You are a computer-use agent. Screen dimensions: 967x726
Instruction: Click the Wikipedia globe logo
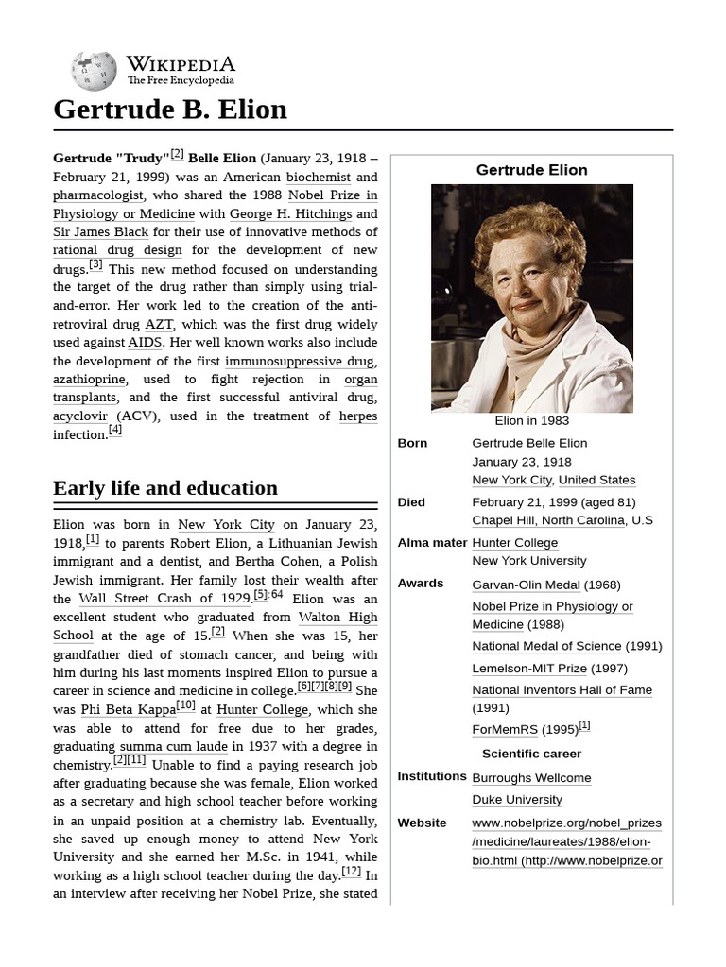(95, 72)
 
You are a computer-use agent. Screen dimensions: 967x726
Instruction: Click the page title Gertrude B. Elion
(170, 110)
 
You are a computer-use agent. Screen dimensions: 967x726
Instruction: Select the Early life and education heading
(165, 488)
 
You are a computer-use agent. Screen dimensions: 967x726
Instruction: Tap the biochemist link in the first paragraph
(319, 177)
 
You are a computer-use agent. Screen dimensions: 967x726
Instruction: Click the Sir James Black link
(101, 231)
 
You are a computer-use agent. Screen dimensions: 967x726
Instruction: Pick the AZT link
(159, 324)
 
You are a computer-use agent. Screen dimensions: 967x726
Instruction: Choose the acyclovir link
(80, 416)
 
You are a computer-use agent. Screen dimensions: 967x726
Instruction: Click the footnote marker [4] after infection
(114, 431)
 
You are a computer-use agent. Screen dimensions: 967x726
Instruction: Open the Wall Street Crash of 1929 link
(164, 598)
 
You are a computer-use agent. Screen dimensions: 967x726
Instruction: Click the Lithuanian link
(301, 543)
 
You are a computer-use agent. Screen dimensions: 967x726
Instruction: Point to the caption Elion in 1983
(531, 421)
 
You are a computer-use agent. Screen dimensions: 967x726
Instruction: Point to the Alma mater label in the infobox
(432, 542)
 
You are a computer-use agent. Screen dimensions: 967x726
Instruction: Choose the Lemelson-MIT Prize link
(529, 668)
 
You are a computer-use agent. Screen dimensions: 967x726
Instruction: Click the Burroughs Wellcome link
(531, 778)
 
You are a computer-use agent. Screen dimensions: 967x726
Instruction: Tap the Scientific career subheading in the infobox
(531, 754)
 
